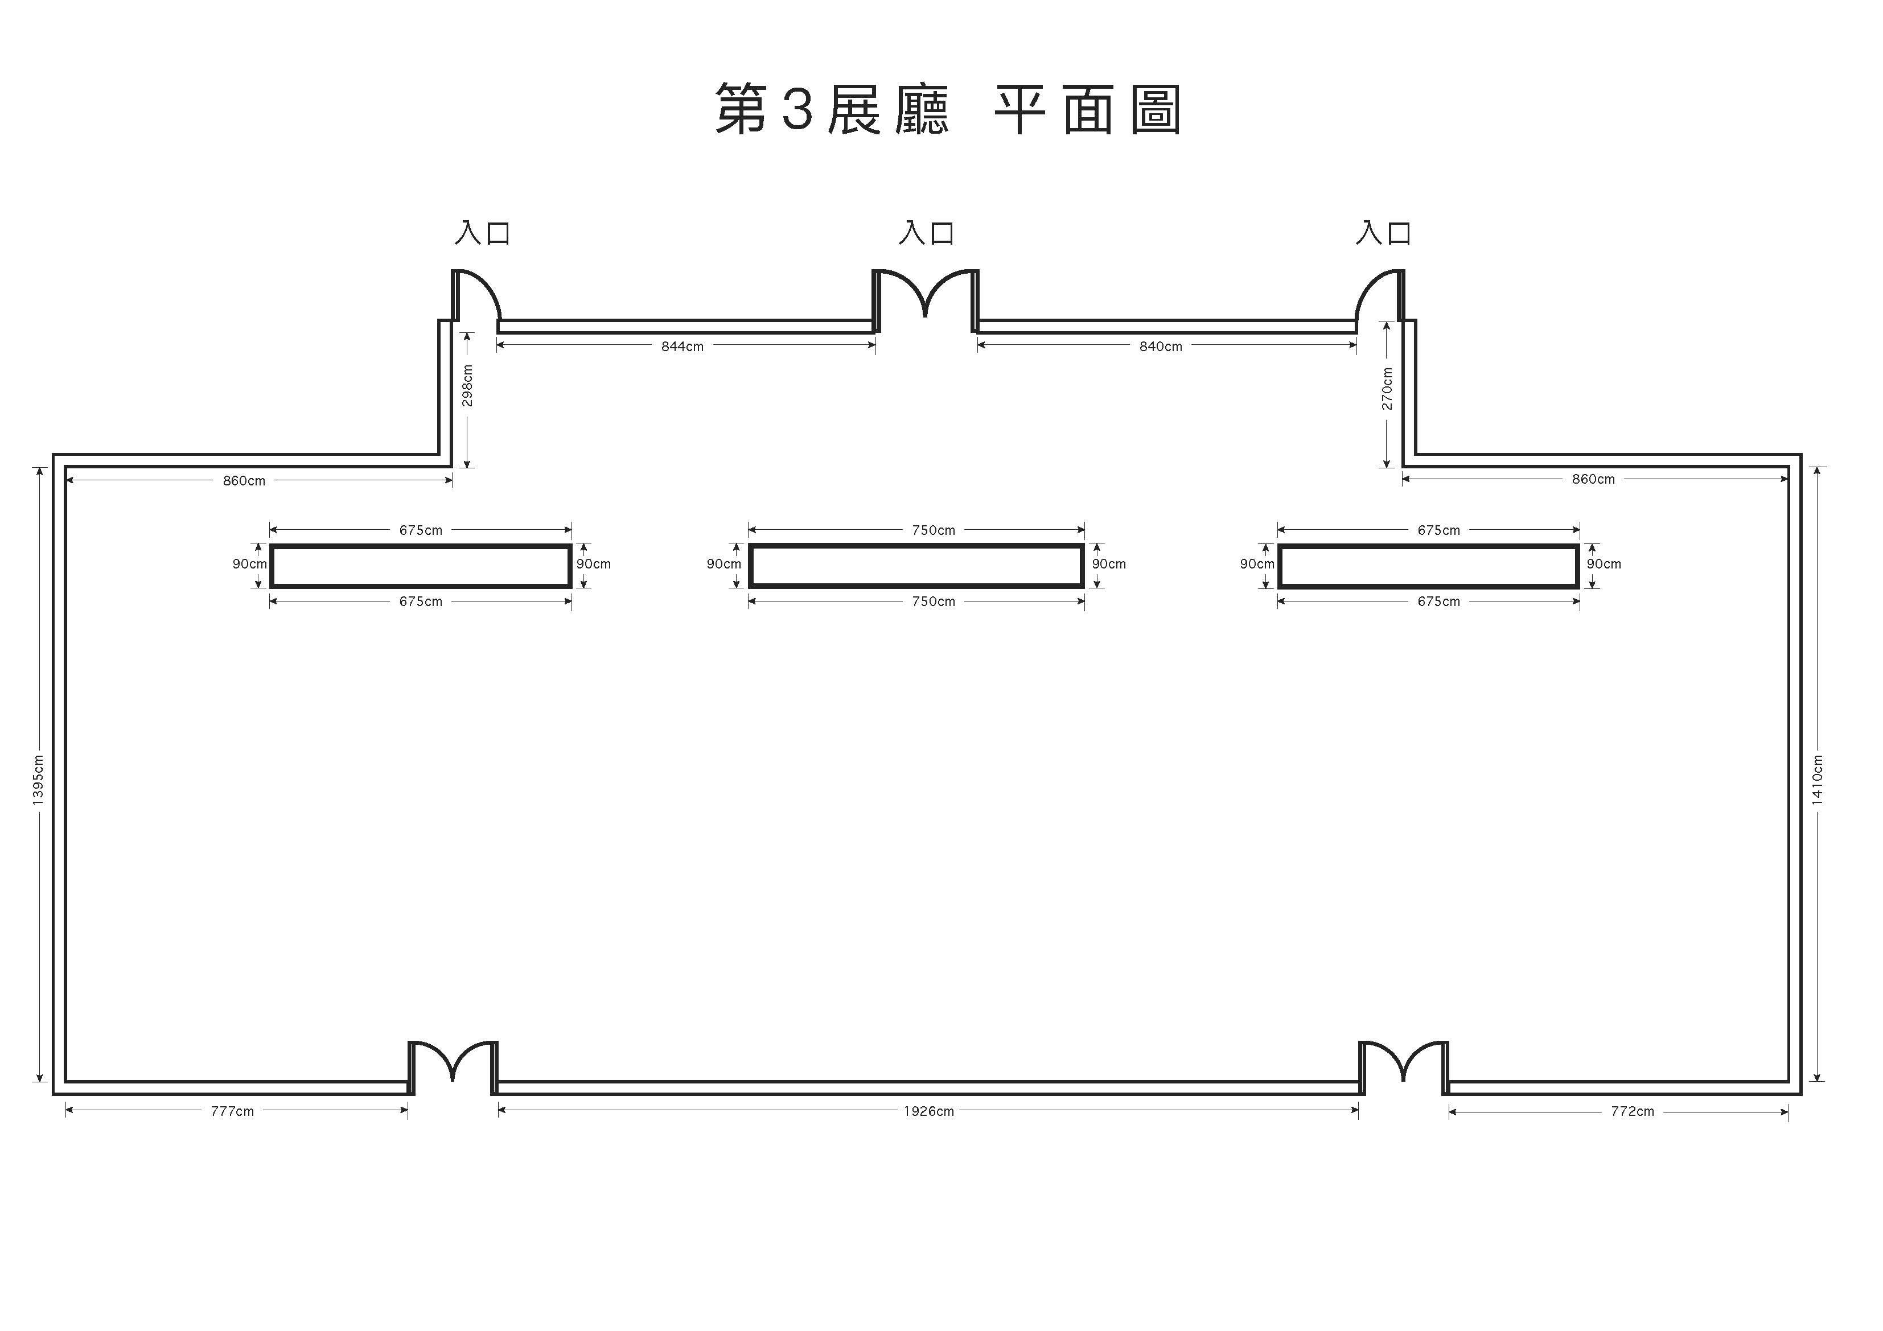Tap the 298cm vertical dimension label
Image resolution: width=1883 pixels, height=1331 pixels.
(467, 385)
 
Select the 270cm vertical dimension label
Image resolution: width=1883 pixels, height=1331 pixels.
(1387, 389)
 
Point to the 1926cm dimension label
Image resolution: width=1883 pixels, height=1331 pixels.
(928, 1112)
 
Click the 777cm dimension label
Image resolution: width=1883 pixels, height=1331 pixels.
(232, 1112)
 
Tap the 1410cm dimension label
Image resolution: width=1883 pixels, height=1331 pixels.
(1818, 779)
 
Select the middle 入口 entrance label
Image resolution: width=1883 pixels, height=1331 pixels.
(926, 233)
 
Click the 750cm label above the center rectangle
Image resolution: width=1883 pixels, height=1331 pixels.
(934, 530)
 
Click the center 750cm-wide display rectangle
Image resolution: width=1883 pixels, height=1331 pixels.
(916, 566)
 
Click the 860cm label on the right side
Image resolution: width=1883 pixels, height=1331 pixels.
(1593, 480)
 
